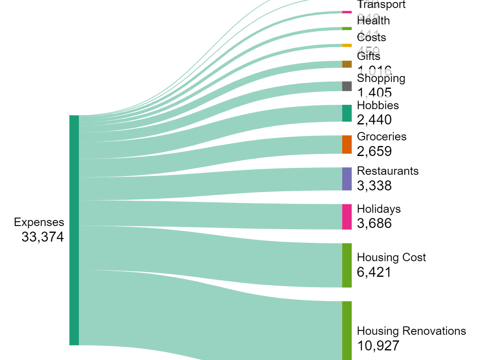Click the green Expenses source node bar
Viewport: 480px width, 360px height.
coord(74,230)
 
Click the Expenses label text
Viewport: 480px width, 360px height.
coord(39,222)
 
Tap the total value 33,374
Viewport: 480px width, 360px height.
coord(42,237)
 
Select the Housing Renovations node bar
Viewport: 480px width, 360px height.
coord(347,330)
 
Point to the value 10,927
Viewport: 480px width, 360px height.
coord(378,346)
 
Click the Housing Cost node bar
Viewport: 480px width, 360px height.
coord(347,265)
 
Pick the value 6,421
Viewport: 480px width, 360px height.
coord(374,272)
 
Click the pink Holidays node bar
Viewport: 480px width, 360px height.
coord(347,217)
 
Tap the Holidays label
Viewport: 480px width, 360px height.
coord(378,209)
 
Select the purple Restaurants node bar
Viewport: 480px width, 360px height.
coord(347,179)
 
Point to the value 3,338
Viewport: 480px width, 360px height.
coord(374,186)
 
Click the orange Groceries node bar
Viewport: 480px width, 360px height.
coord(347,144)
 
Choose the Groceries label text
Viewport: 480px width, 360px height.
coord(382,137)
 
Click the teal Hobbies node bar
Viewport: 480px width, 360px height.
coord(347,113)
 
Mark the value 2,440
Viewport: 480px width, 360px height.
coord(374,120)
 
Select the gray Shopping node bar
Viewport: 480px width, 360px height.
coord(347,86)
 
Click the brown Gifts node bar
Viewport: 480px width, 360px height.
coord(347,64)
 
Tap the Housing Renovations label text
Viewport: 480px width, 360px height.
coord(411,331)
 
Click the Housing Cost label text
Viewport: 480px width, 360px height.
coord(391,257)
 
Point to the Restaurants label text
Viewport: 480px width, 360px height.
coord(388,171)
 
